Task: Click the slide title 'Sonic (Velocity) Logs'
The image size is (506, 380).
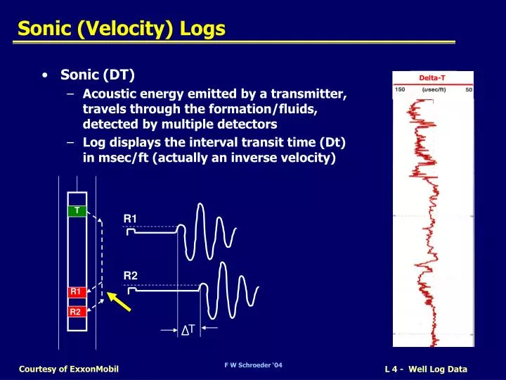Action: point(121,28)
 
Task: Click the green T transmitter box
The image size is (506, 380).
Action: point(77,211)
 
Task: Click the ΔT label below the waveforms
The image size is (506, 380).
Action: point(188,329)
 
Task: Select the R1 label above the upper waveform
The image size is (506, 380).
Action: point(131,219)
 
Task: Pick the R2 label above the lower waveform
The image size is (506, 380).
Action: point(131,276)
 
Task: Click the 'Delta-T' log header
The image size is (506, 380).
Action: point(432,77)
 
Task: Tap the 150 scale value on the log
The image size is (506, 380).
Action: point(400,90)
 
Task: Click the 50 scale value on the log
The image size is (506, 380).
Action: point(469,90)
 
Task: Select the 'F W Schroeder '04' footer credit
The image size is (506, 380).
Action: point(254,365)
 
